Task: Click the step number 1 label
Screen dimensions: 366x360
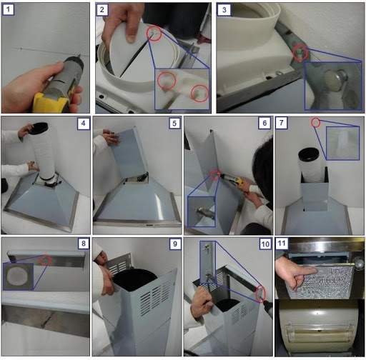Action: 9,10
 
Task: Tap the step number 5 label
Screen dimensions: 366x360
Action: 174,124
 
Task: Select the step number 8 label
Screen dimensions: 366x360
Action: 84,244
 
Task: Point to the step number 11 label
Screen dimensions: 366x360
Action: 282,244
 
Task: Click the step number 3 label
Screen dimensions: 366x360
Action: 224,10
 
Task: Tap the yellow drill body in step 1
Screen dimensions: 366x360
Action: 52,102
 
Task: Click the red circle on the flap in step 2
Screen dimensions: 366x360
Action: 154,33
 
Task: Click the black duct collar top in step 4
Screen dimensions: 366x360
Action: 39,129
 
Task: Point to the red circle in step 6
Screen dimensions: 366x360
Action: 215,175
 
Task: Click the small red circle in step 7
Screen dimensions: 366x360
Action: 316,123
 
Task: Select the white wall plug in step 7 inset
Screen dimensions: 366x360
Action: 342,142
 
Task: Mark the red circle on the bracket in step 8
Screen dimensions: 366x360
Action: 45,260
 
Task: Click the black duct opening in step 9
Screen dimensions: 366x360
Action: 134,280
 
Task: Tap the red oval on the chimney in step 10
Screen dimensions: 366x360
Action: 260,294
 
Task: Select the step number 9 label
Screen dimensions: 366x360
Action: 175,244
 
